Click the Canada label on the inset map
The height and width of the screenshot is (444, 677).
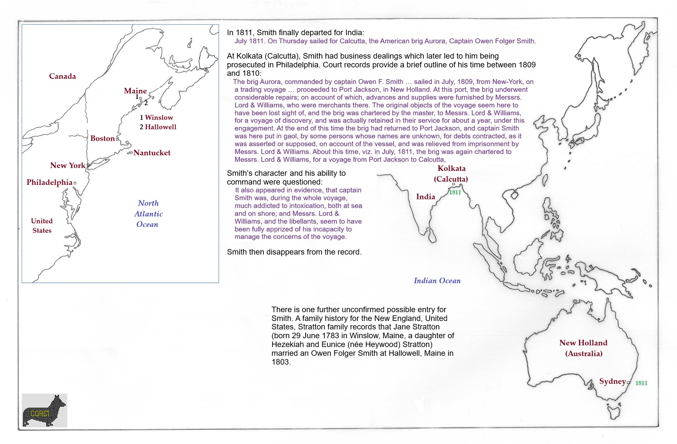62,76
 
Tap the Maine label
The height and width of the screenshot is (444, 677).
135,91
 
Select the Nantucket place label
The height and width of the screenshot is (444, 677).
152,153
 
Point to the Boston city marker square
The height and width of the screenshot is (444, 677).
117,139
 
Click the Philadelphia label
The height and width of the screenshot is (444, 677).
49,182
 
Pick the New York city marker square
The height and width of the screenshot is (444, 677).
88,165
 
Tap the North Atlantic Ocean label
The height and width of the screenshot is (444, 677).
148,214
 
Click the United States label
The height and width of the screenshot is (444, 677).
42,226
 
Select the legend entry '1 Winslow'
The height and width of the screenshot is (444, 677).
156,118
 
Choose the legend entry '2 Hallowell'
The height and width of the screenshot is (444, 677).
158,127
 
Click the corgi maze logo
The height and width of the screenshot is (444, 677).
44,410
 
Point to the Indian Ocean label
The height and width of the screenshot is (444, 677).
437,281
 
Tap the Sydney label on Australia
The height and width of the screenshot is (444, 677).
612,381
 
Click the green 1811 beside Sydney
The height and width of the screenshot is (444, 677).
641,383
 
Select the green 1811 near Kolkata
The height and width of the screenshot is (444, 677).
455,192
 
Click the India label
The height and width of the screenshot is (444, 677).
425,197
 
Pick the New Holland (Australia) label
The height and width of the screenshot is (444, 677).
583,348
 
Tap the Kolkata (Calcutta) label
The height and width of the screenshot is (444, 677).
451,173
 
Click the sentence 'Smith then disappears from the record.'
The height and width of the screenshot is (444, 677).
294,252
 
